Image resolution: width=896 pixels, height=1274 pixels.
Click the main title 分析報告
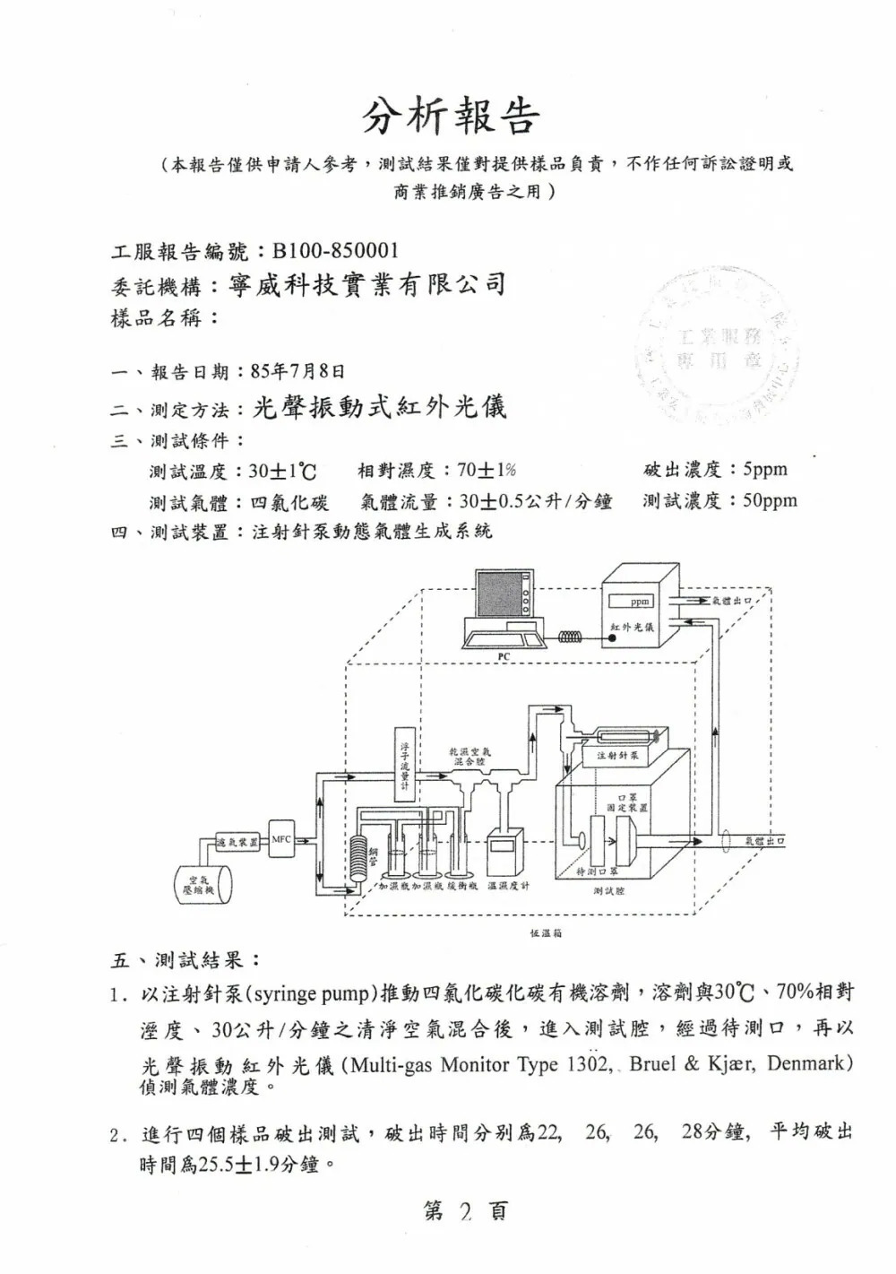tap(452, 117)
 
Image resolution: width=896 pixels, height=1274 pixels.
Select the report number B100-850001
tap(335, 250)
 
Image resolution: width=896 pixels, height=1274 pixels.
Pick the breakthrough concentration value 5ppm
tap(759, 469)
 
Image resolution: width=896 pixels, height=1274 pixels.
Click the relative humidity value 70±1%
tap(485, 470)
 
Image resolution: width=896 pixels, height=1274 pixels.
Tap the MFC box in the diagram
tap(281, 840)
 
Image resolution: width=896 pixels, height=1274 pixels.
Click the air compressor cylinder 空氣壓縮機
tap(201, 883)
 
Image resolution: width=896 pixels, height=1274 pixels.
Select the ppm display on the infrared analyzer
tap(640, 602)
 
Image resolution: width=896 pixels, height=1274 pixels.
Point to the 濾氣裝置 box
tap(237, 842)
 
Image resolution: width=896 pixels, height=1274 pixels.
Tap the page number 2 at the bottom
tap(464, 1212)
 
